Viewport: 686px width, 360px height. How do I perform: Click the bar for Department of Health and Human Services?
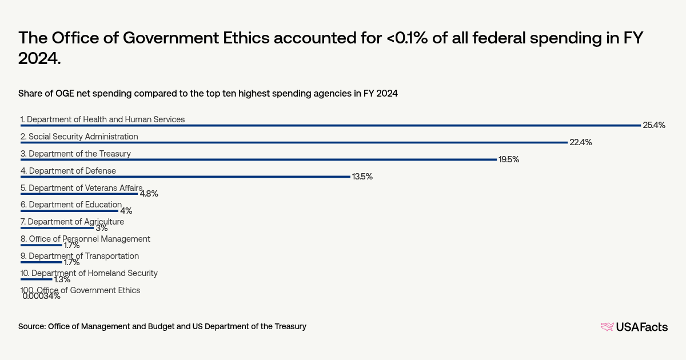(330, 125)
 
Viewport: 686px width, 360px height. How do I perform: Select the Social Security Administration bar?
(294, 142)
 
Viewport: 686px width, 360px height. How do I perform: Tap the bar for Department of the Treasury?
(258, 159)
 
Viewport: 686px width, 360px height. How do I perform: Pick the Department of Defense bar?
(185, 177)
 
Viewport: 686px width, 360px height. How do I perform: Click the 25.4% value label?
(654, 125)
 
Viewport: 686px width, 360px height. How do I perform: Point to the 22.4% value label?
(580, 142)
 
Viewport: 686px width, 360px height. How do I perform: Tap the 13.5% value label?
(362, 177)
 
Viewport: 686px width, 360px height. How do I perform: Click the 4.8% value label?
(149, 194)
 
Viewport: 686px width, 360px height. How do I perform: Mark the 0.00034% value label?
(41, 296)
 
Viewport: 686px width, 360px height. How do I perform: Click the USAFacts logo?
(634, 327)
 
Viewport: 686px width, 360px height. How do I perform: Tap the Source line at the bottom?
(162, 326)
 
